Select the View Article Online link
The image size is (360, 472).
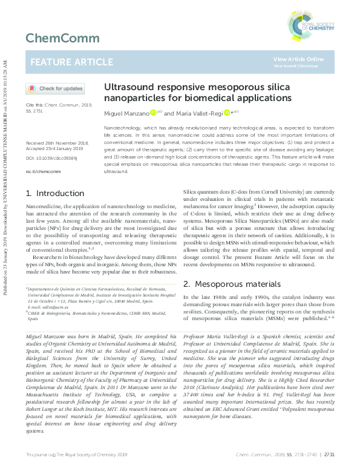tap(298, 59)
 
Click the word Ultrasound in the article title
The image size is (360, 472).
tap(128, 87)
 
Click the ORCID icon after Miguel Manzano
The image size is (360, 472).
tap(153, 113)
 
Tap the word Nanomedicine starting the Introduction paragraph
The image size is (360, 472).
tap(42, 206)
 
